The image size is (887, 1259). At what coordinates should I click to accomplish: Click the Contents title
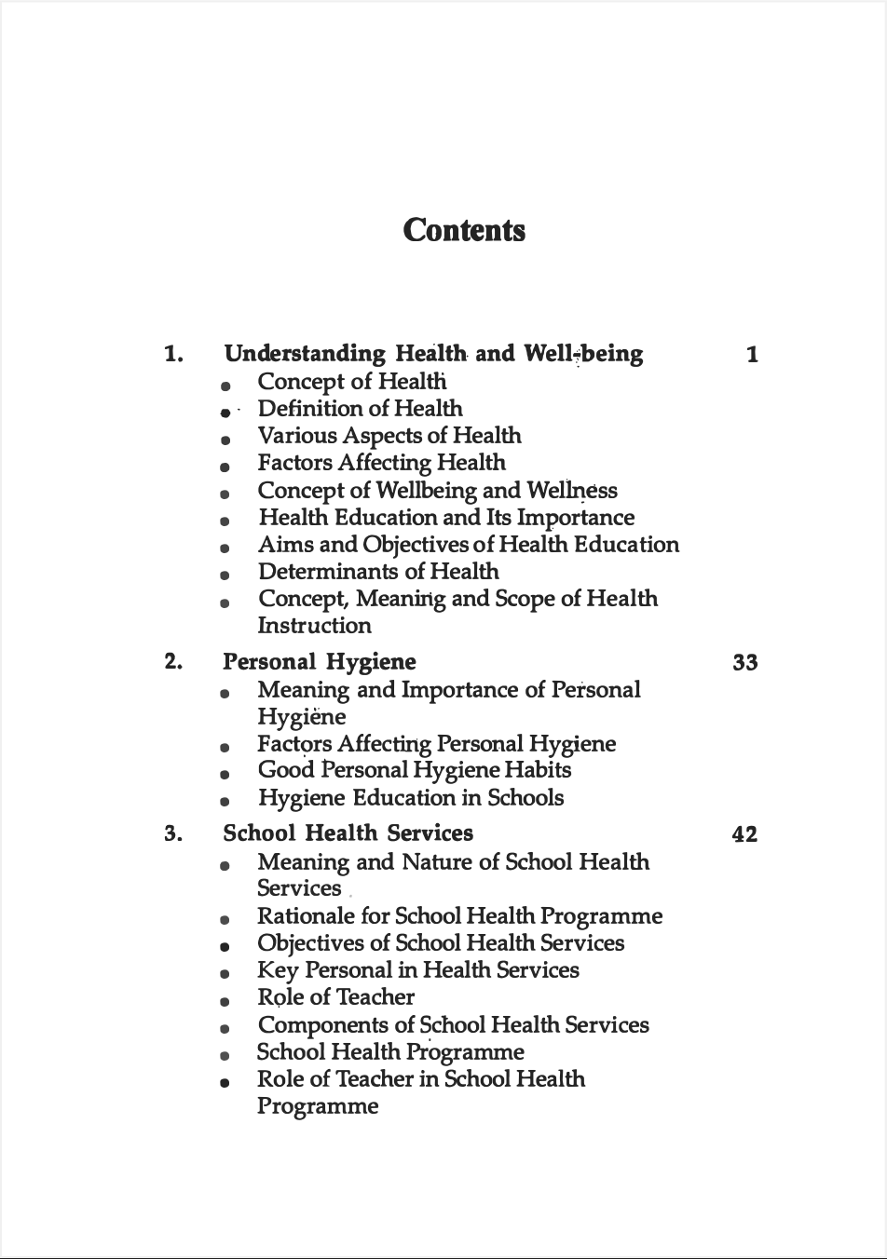point(464,230)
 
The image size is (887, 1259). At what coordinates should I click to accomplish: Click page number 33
point(745,663)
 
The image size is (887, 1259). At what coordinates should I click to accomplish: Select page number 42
point(745,834)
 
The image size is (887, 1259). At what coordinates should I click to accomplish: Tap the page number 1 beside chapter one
point(752,355)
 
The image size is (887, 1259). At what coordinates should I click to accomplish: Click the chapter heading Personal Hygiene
point(320,662)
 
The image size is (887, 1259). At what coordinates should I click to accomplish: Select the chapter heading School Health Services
point(348,833)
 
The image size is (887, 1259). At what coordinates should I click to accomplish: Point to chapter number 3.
point(173,833)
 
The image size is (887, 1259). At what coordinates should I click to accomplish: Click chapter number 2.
point(173,662)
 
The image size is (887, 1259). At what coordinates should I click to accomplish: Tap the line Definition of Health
point(360,409)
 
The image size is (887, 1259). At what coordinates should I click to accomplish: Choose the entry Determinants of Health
point(378,572)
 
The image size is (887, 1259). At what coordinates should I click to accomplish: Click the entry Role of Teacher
point(335,997)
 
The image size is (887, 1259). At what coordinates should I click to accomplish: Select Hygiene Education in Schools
point(411,798)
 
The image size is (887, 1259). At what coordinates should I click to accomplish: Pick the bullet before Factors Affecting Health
point(225,467)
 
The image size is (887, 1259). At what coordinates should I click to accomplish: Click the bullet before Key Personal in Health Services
point(225,974)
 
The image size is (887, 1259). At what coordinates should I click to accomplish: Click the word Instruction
point(314,626)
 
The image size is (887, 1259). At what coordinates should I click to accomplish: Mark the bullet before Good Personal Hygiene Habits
point(225,774)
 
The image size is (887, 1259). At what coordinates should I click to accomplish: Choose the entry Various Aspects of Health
point(389,436)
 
